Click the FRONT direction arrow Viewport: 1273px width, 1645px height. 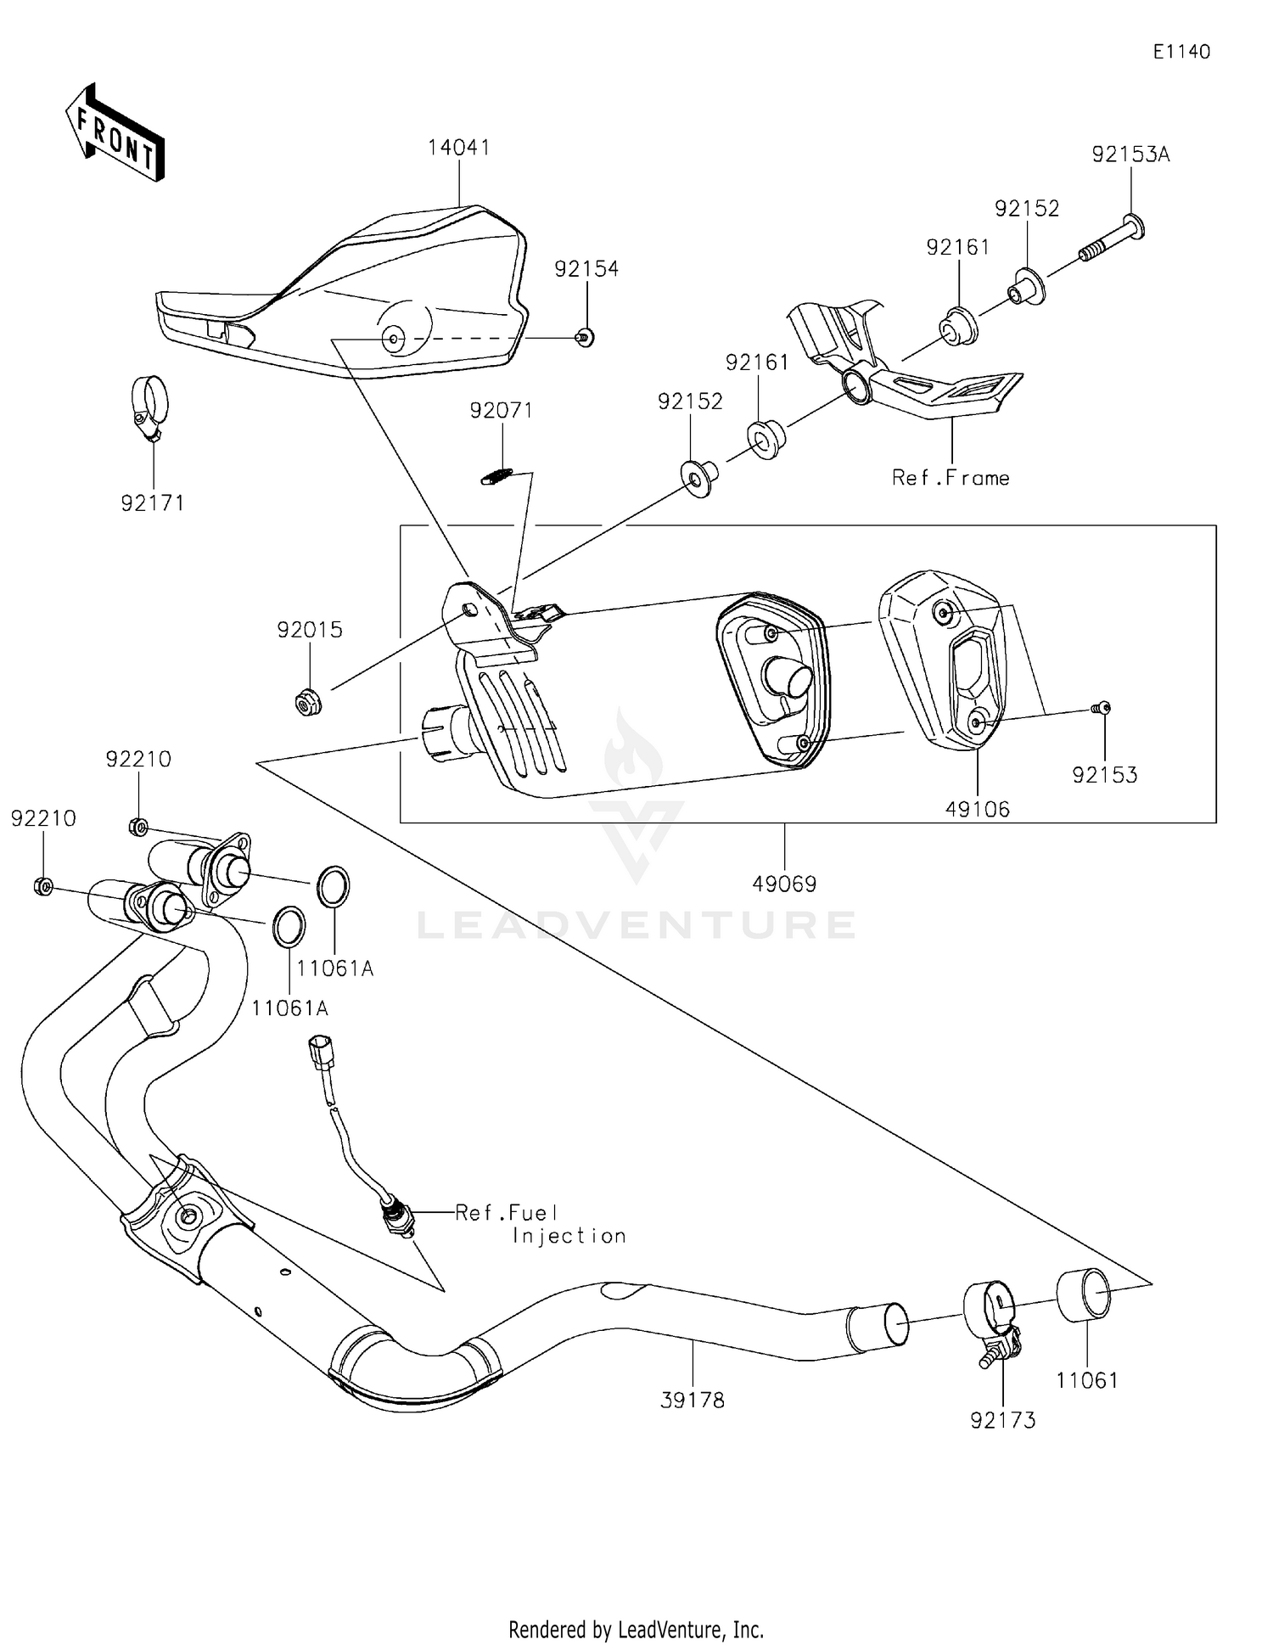coord(115,134)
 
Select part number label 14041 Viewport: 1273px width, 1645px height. coord(458,148)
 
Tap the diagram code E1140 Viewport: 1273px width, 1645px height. coord(1180,52)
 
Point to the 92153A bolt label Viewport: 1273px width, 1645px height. coord(1130,154)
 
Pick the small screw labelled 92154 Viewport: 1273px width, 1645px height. coord(583,338)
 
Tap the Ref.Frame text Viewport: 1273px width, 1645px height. coord(951,479)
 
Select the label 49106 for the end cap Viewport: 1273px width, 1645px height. coord(978,809)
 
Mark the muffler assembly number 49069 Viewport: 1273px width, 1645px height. coord(784,884)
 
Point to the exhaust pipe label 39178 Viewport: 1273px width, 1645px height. coord(693,1400)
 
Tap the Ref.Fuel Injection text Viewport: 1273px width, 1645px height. coord(541,1224)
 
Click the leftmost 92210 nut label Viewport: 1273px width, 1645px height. coord(43,818)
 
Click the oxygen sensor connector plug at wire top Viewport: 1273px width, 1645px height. coord(321,1051)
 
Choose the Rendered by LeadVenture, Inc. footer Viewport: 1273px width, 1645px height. coord(636,1629)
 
